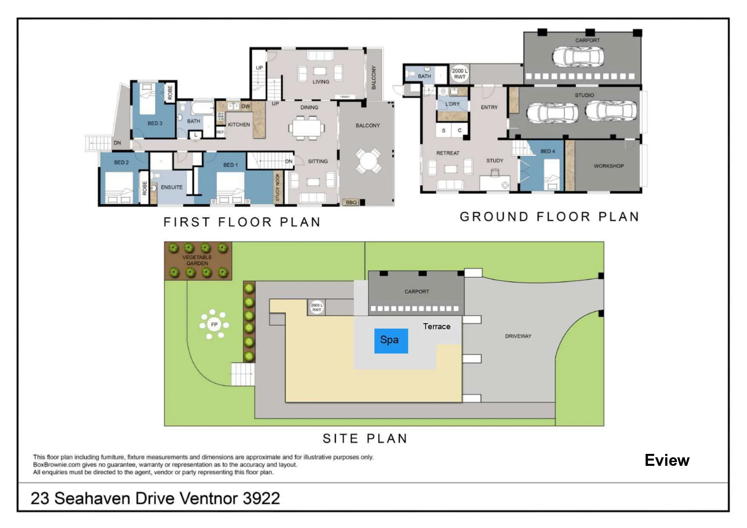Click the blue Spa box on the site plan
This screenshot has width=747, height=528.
tap(391, 341)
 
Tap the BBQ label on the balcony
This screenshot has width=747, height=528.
tap(351, 202)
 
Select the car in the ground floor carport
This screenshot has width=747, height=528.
tap(578, 56)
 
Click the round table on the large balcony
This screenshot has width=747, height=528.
tap(368, 161)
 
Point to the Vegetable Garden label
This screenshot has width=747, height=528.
tap(197, 260)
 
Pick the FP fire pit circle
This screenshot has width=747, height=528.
tap(214, 324)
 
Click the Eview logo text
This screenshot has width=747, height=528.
tap(667, 460)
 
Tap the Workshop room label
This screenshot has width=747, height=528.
tap(609, 166)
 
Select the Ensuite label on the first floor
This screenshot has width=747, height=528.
tap(172, 187)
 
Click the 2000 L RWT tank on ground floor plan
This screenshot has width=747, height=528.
tap(460, 74)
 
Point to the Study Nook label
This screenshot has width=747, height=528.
tap(278, 187)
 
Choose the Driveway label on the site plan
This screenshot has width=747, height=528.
tap(518, 336)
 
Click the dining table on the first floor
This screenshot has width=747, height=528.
tap(306, 128)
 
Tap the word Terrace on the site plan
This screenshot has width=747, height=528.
tap(437, 327)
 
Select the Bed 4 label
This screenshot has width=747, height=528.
tap(548, 151)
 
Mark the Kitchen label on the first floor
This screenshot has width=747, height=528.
tap(239, 125)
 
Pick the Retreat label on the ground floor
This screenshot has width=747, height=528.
tap(448, 153)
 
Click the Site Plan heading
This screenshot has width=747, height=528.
tap(365, 438)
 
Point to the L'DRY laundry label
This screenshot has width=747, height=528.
tap(452, 104)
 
